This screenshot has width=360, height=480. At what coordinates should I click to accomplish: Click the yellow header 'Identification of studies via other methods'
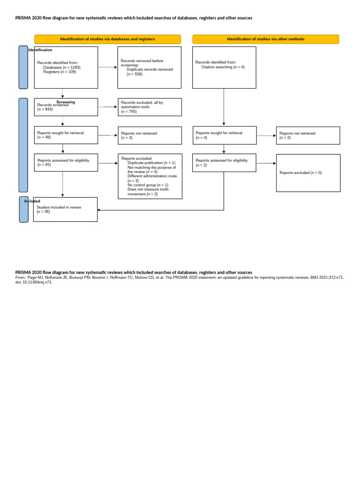point(265,39)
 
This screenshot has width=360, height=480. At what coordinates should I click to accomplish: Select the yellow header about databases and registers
point(107,39)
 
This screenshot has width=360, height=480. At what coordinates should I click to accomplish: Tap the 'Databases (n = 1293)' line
point(62,67)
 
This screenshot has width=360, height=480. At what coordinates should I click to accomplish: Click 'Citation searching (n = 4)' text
point(223,67)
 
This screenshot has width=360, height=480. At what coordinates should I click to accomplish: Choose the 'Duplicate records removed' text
point(150,69)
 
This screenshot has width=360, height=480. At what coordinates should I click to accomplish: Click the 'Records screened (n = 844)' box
point(66,107)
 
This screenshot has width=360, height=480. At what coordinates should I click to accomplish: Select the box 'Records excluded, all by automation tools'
point(149,107)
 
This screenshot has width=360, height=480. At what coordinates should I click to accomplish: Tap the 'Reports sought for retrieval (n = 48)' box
point(66,135)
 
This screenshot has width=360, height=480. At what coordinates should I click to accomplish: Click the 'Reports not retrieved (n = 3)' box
point(149,135)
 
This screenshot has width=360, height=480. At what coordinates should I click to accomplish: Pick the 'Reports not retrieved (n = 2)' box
point(307,135)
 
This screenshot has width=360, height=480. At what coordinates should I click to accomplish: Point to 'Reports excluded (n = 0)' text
point(300,172)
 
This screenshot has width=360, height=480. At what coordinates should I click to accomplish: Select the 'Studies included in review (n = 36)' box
point(66,209)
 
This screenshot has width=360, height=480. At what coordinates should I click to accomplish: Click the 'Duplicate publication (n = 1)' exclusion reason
point(151,163)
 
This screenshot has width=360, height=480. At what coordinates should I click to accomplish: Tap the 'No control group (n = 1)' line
point(148,185)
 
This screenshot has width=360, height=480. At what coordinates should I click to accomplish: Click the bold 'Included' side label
point(32,201)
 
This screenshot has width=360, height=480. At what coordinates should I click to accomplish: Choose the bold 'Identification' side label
point(41,50)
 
